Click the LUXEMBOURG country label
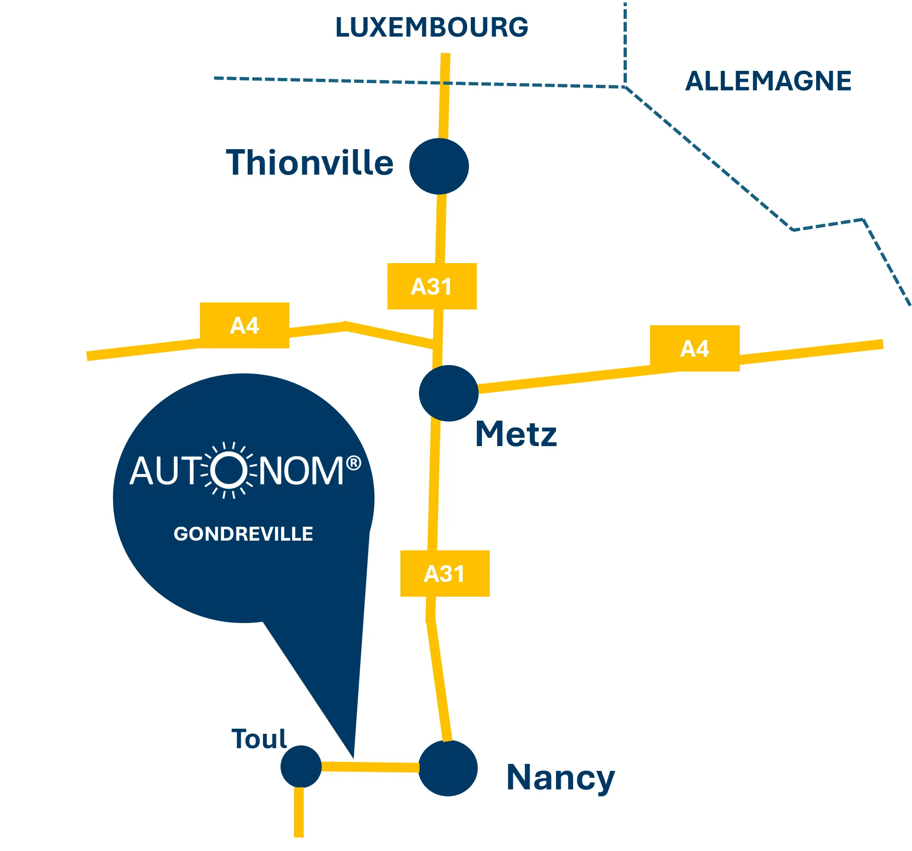click(431, 27)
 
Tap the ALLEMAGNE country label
click(768, 81)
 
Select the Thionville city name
click(310, 163)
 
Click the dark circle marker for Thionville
click(439, 166)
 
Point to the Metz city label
click(516, 435)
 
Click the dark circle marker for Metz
click(449, 393)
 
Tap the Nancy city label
click(561, 778)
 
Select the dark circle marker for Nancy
click(448, 768)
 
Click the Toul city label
click(259, 738)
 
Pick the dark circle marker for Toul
click(301, 766)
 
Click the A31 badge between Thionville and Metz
click(432, 286)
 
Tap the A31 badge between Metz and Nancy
click(445, 574)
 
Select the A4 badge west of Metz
click(244, 326)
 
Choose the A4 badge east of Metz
click(694, 348)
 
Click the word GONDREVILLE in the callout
click(244, 534)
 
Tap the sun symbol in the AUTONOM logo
click(229, 470)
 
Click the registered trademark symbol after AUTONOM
click(353, 463)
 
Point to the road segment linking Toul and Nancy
click(370, 767)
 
